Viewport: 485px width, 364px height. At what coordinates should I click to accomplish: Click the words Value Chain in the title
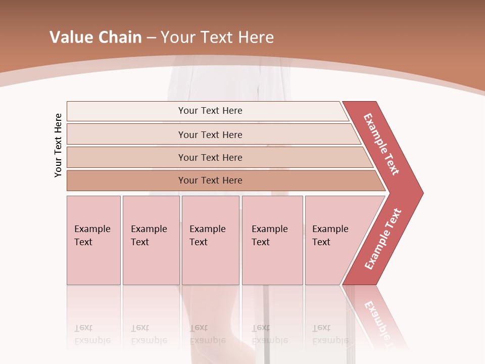[95, 37]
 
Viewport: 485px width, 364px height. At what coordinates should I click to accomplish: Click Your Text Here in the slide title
[217, 37]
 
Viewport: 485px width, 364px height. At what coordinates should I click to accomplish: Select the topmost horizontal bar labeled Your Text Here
[210, 111]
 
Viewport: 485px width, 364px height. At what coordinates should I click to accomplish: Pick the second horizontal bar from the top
[210, 134]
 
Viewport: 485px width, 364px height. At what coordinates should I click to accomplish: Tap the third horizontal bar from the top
[210, 157]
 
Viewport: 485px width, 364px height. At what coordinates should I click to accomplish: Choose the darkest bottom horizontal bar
[210, 180]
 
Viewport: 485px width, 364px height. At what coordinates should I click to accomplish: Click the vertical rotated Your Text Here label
[58, 145]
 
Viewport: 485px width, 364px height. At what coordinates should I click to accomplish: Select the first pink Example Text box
[93, 240]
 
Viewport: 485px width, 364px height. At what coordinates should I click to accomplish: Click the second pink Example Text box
[151, 240]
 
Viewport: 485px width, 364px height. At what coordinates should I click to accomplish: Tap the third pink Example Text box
[210, 240]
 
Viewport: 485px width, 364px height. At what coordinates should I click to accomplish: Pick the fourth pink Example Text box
[272, 240]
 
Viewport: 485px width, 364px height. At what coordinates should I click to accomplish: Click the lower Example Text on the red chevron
[382, 239]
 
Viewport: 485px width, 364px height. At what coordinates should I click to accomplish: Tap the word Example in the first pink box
[92, 229]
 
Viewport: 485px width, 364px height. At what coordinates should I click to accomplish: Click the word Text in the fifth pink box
[321, 242]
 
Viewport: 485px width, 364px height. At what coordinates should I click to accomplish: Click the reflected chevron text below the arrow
[377, 318]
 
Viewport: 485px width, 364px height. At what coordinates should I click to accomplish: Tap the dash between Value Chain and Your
[151, 37]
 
